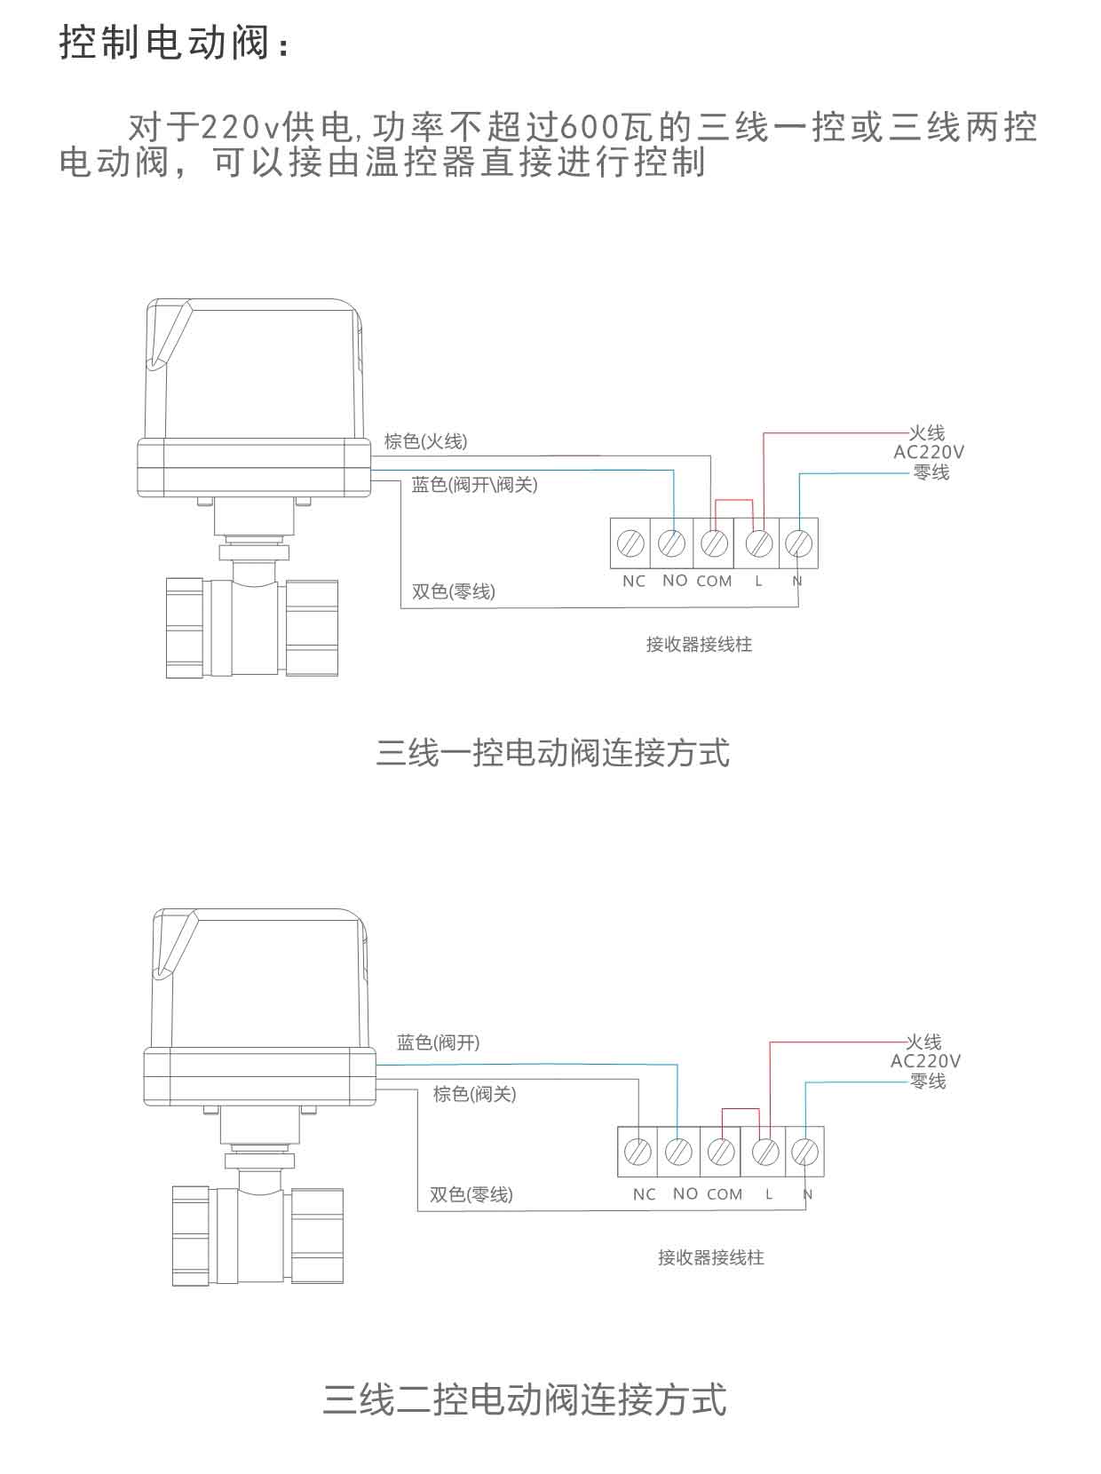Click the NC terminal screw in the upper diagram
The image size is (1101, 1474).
[x=631, y=543]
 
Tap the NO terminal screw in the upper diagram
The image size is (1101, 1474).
[x=673, y=543]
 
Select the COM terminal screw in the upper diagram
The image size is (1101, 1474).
[x=715, y=543]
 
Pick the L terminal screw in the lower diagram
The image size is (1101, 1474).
[x=765, y=1152]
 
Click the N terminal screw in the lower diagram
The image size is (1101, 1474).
[x=804, y=1152]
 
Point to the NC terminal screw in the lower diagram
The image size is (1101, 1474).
[x=638, y=1152]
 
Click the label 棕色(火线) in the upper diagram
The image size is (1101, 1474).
[x=425, y=441]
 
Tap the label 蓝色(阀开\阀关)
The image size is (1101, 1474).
[x=474, y=485]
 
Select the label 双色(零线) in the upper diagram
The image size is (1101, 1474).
[x=453, y=591]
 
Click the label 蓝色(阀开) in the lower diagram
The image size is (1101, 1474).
[x=438, y=1042]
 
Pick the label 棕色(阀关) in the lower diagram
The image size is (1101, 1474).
[x=474, y=1094]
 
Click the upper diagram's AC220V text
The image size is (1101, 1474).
[x=929, y=452]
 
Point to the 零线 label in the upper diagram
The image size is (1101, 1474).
[x=931, y=472]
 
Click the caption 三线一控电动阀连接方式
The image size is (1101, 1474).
[x=552, y=753]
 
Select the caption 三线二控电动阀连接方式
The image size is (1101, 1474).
[x=524, y=1399]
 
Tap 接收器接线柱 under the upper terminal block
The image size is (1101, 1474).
[x=699, y=645]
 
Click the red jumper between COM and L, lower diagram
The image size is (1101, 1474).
[x=741, y=1109]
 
